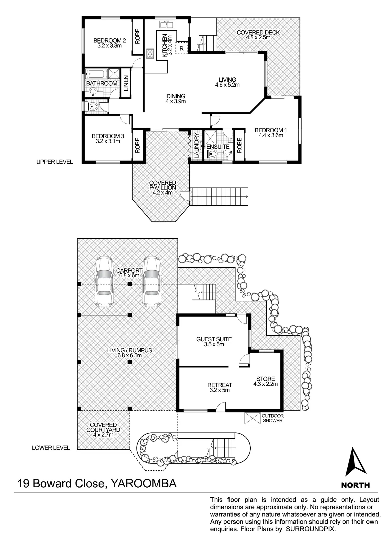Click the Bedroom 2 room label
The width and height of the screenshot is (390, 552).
pyautogui.click(x=109, y=41)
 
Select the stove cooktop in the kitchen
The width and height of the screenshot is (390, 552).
pyautogui.click(x=150, y=54)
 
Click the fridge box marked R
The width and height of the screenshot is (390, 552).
pyautogui.click(x=181, y=48)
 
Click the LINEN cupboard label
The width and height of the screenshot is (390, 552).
pyautogui.click(x=126, y=83)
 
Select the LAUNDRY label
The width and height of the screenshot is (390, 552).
pyautogui.click(x=196, y=146)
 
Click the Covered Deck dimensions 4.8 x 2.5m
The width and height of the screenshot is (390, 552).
pyautogui.click(x=258, y=37)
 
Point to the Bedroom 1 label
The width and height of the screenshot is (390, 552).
pyautogui.click(x=271, y=130)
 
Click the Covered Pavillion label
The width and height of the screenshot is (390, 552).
pyautogui.click(x=162, y=185)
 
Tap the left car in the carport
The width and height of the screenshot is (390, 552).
pyautogui.click(x=105, y=282)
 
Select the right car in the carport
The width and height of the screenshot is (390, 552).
pyautogui.click(x=152, y=282)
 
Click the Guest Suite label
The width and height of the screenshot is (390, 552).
pyautogui.click(x=214, y=339)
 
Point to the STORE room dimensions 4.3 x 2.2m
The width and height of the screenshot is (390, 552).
pyautogui.click(x=265, y=384)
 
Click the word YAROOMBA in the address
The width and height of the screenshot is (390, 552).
pyautogui.click(x=143, y=483)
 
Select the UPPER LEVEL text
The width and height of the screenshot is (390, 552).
pyautogui.click(x=55, y=162)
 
